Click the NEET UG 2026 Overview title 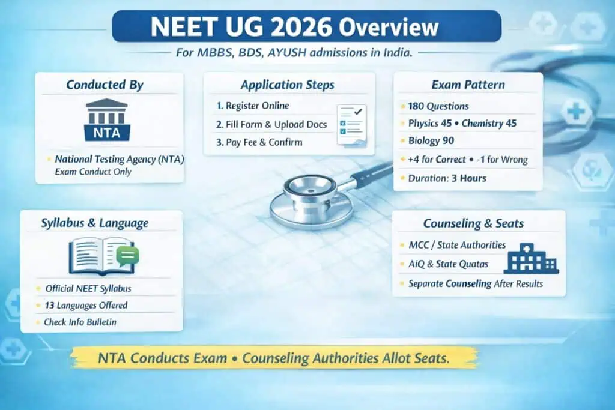tap(307, 28)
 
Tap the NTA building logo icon tap(107, 120)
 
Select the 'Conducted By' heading tap(105, 85)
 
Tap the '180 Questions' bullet tap(438, 106)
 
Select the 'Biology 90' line tap(431, 141)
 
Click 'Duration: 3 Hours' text tap(447, 178)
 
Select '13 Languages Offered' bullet tap(86, 305)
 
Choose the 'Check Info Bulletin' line tap(80, 322)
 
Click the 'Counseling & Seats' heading tap(473, 223)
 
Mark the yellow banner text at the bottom tap(274, 359)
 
